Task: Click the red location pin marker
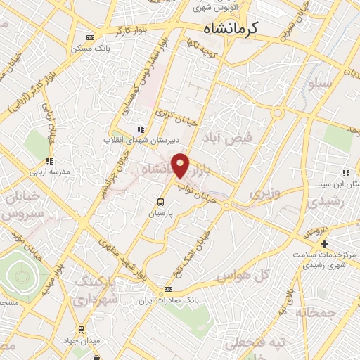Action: pyautogui.click(x=181, y=165)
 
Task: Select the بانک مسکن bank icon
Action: pyautogui.click(x=90, y=37)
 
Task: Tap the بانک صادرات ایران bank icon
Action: pyautogui.click(x=168, y=289)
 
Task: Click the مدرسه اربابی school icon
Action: pyautogui.click(x=49, y=161)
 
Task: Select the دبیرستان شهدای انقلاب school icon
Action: pyautogui.click(x=141, y=129)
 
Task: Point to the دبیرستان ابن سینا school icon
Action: pyautogui.click(x=345, y=172)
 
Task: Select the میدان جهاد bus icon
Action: pyautogui.click(x=81, y=328)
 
